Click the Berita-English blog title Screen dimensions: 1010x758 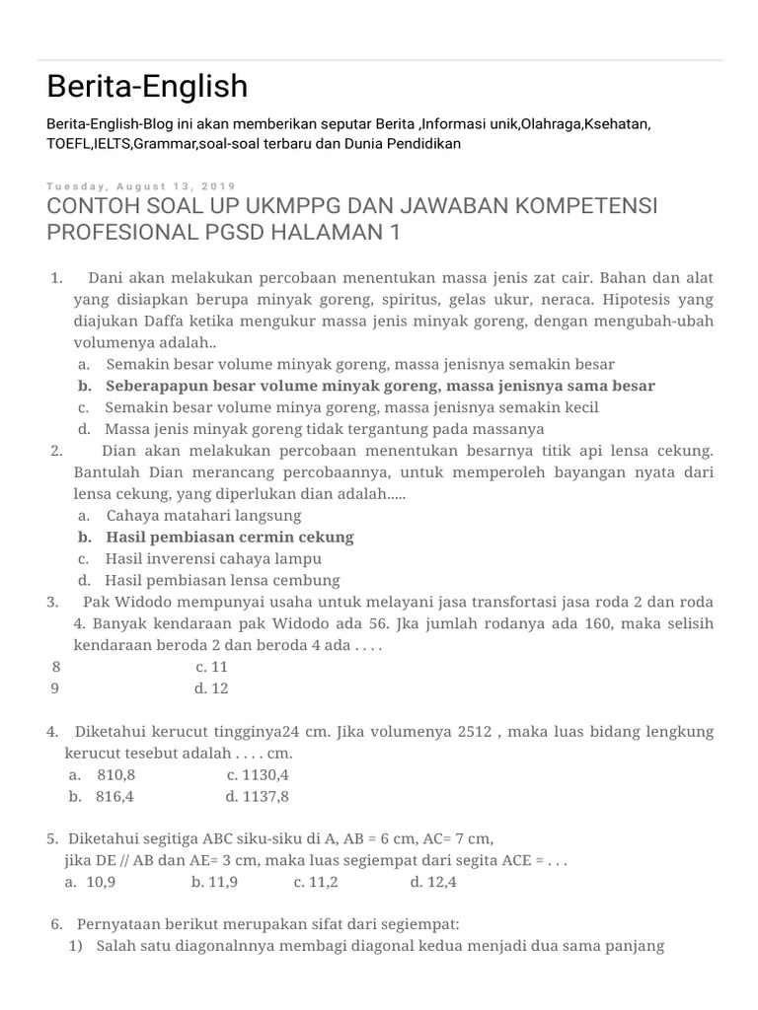click(x=147, y=87)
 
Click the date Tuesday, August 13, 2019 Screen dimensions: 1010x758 click(x=141, y=186)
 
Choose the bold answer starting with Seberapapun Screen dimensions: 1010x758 click(x=380, y=386)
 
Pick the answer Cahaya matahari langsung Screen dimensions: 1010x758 click(x=203, y=515)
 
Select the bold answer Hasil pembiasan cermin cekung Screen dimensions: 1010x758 click(x=229, y=537)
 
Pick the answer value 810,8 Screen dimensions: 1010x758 click(x=115, y=775)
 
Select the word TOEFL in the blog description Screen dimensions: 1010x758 click(x=67, y=143)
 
